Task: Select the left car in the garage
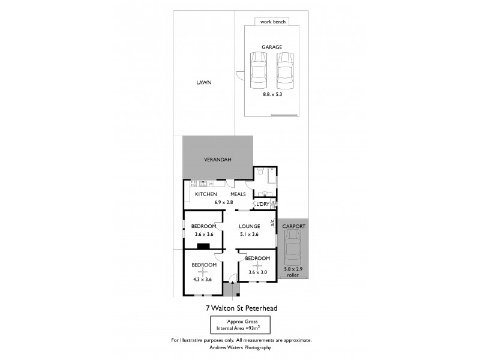click(x=258, y=69)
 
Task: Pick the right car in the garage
click(x=285, y=69)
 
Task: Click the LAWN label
click(x=204, y=83)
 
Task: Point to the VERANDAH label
click(x=218, y=159)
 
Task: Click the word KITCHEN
click(x=205, y=194)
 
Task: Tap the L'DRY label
click(x=262, y=205)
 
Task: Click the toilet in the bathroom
click(x=260, y=173)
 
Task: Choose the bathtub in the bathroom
click(x=271, y=176)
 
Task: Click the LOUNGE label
click(x=249, y=226)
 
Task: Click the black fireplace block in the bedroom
click(x=204, y=245)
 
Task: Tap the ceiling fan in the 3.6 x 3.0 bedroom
click(x=258, y=265)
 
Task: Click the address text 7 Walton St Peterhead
click(x=241, y=308)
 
